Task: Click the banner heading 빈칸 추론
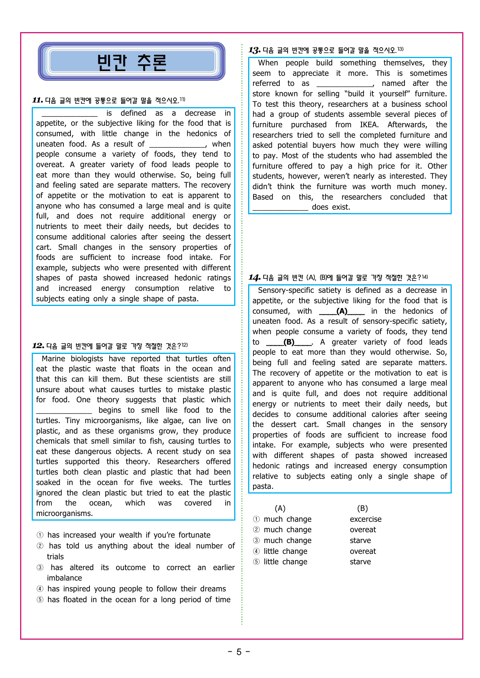pyautogui.click(x=132, y=62)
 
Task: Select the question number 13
pyautogui.click(x=254, y=50)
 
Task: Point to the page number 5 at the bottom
pyautogui.click(x=239, y=652)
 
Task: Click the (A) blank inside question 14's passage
pyautogui.click(x=342, y=311)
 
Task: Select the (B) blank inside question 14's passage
pyautogui.click(x=289, y=342)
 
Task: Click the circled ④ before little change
pyautogui.click(x=256, y=551)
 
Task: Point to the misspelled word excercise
pyautogui.click(x=365, y=519)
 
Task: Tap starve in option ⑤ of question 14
pyautogui.click(x=360, y=562)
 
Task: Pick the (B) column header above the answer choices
pyautogui.click(x=362, y=508)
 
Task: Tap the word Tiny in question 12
pyautogui.click(x=72, y=420)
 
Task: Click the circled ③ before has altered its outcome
pyautogui.click(x=40, y=567)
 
